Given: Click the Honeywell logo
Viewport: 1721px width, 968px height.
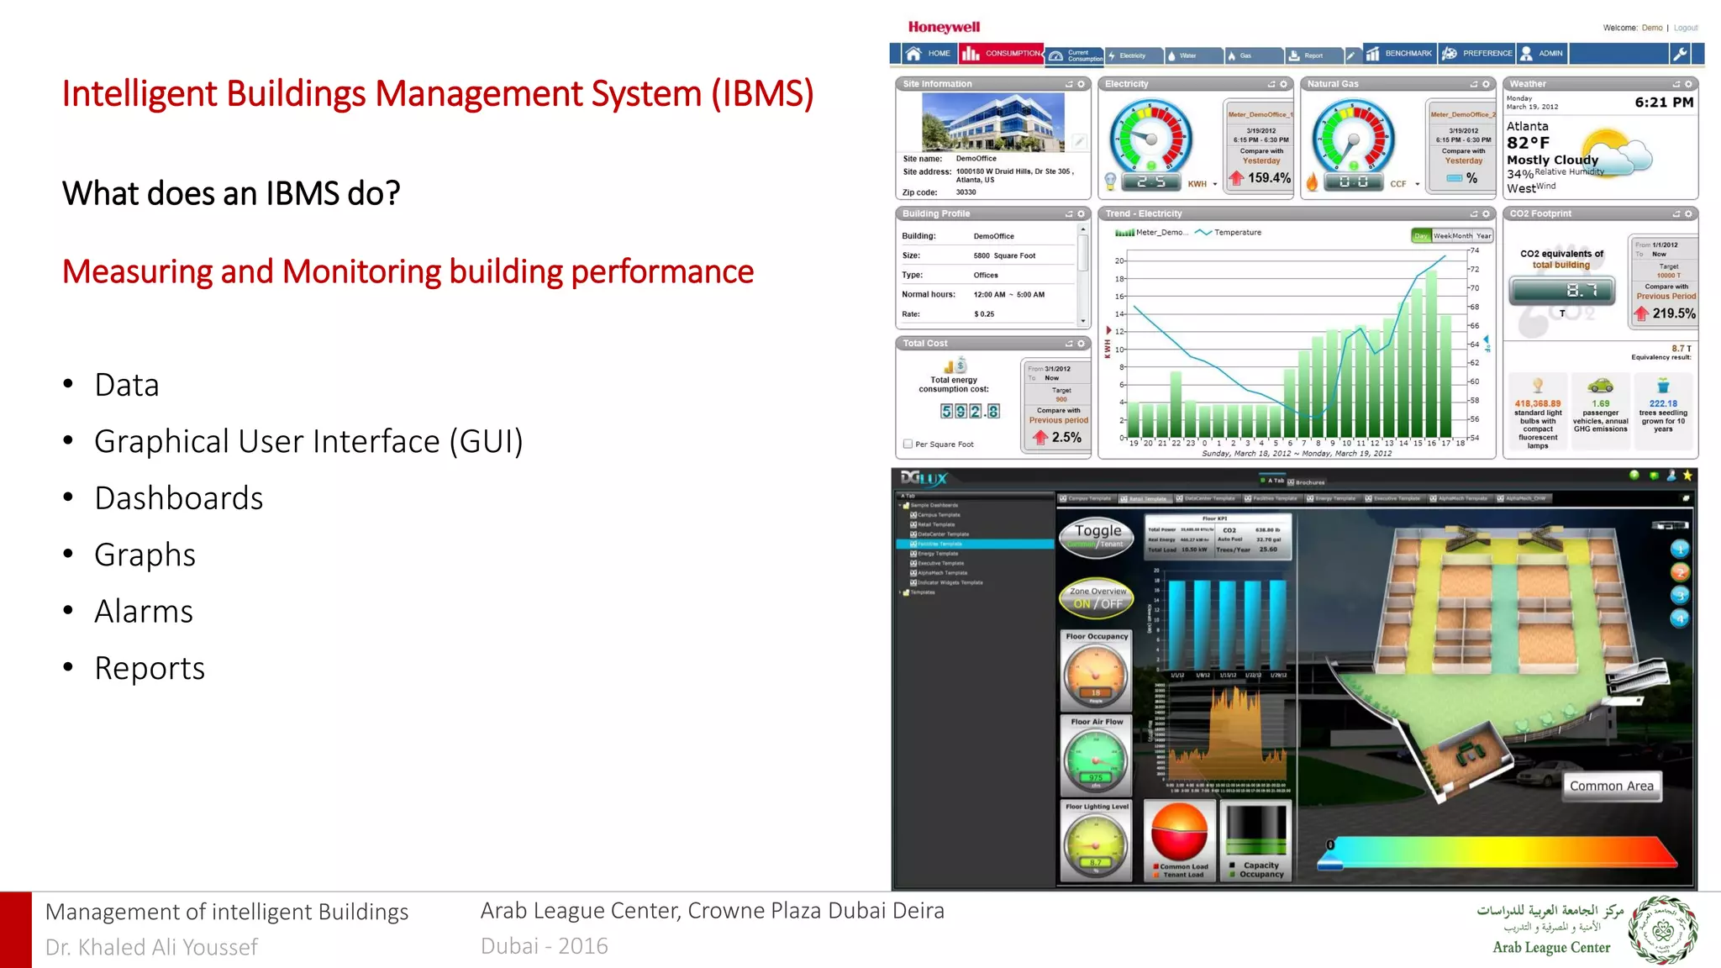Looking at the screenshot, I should coord(944,28).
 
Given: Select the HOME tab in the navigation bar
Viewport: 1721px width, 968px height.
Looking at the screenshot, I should coord(929,54).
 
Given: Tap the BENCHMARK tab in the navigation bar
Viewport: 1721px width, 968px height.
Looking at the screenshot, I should coord(1399,54).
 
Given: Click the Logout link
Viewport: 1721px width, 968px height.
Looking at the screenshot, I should coord(1685,28).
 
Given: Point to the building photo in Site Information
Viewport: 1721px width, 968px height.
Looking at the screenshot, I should coord(993,123).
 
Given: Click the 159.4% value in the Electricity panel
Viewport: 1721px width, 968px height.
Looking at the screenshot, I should coord(1268,178).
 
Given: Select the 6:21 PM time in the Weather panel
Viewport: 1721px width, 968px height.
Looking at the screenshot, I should coord(1663,103).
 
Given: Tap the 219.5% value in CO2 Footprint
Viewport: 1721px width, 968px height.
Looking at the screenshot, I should coord(1673,313).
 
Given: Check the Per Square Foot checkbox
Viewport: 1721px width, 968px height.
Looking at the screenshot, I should coord(908,444).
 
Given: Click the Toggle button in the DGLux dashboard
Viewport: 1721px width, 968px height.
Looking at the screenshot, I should coord(1098,535).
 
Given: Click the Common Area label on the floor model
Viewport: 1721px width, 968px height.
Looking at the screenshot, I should coord(1611,786).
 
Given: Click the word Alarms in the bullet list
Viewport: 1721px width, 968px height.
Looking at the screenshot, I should coord(144,612).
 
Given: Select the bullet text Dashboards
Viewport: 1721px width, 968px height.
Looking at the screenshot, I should coord(179,498).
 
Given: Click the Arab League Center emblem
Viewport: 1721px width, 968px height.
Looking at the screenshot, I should coord(1662,930).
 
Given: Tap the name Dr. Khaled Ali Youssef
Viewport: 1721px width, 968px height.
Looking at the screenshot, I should coord(151,948).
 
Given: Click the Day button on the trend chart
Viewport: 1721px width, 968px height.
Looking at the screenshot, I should coord(1420,236).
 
